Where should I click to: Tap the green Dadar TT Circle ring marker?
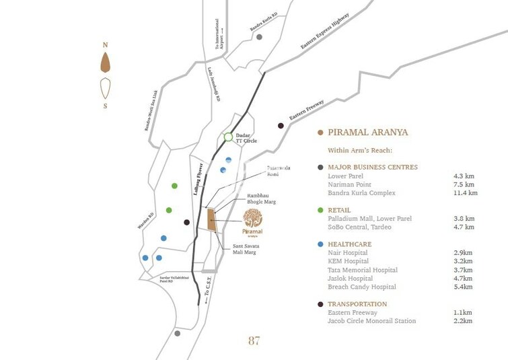click(x=228, y=138)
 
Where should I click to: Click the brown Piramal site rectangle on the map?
click(x=211, y=220)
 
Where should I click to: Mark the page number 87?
click(x=254, y=340)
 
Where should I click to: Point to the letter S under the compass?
click(x=105, y=106)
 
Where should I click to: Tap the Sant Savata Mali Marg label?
click(x=246, y=249)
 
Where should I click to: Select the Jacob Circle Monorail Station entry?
click(x=371, y=322)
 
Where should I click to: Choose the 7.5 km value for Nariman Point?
click(x=464, y=184)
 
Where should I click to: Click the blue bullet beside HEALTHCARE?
click(x=321, y=244)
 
